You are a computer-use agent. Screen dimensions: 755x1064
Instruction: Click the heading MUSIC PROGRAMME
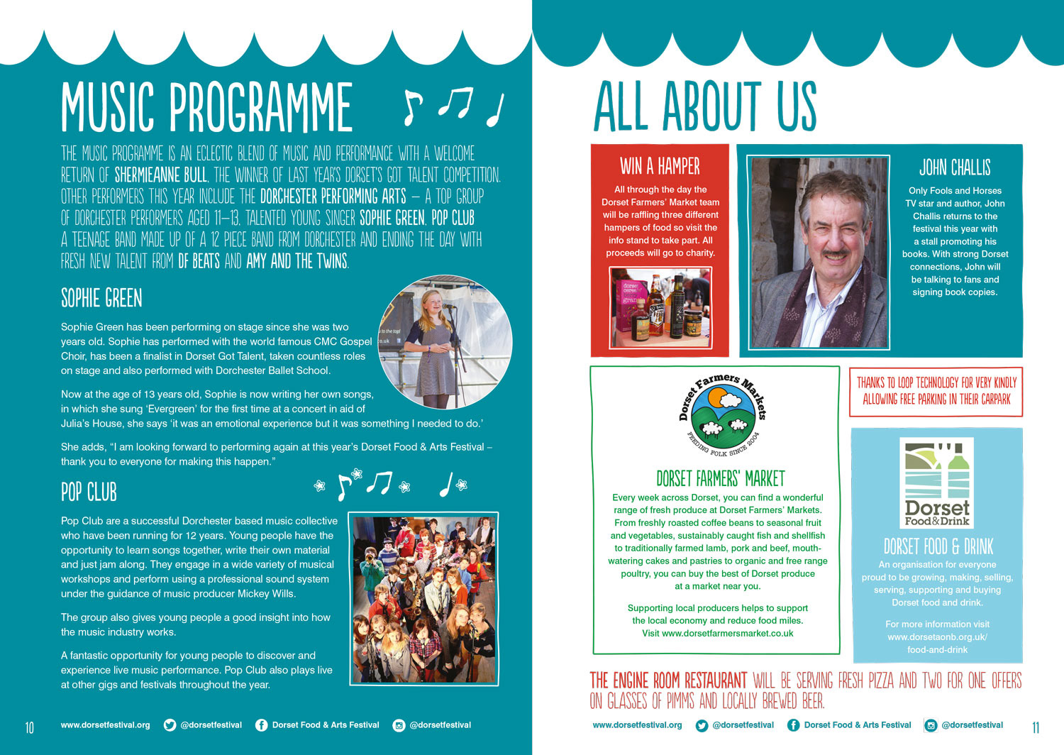206,107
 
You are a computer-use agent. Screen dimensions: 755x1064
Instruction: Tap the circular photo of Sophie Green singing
445,343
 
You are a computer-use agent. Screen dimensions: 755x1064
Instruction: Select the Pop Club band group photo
423,598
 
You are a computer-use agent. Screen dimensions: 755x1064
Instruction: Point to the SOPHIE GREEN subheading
101,299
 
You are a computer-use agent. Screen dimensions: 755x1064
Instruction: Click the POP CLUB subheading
89,492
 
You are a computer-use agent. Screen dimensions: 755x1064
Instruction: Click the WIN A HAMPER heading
660,167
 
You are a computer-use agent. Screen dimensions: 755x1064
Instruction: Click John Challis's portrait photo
819,252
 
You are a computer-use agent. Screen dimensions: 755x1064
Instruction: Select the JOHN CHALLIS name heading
955,168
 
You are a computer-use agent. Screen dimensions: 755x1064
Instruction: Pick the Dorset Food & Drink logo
936,483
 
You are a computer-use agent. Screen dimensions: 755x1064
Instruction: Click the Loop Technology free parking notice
936,391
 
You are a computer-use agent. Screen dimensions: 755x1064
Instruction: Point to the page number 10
29,727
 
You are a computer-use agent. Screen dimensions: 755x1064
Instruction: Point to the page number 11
1036,727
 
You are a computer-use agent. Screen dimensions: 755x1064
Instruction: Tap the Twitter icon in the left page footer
170,725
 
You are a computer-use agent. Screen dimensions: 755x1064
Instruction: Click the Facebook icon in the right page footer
793,725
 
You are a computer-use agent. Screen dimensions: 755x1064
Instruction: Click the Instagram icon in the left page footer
399,725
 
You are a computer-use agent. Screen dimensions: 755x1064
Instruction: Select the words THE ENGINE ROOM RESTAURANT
668,681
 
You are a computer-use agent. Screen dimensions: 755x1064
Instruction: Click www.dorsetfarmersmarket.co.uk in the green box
727,633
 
